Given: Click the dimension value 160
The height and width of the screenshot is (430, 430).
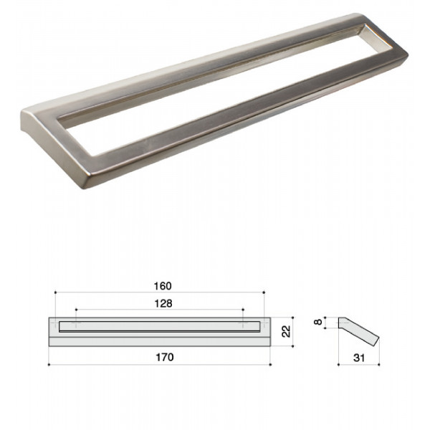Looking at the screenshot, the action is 163,286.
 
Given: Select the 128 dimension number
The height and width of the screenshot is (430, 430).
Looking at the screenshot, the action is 163,304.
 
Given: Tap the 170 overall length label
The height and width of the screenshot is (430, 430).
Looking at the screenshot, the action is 165,358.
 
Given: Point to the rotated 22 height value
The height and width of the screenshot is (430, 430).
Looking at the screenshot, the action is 286,331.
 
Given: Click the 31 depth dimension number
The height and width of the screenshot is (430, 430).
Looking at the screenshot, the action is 359,358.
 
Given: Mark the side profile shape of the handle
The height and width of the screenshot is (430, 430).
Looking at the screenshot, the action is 359,332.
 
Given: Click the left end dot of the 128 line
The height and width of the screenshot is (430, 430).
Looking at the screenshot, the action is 76,310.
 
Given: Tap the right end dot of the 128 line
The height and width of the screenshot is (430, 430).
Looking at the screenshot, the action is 243,310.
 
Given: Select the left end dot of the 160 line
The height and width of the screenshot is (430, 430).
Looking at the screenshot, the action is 55,292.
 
